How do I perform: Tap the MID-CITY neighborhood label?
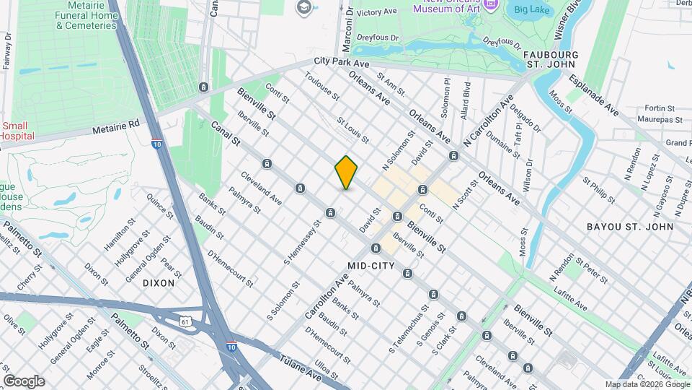click(371, 266)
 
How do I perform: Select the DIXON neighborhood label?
click(159, 283)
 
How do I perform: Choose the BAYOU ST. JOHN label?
click(629, 227)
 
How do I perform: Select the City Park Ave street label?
click(342, 64)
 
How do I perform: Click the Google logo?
click(24, 381)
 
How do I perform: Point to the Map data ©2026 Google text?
click(647, 384)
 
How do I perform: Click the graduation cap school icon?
click(301, 7)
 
